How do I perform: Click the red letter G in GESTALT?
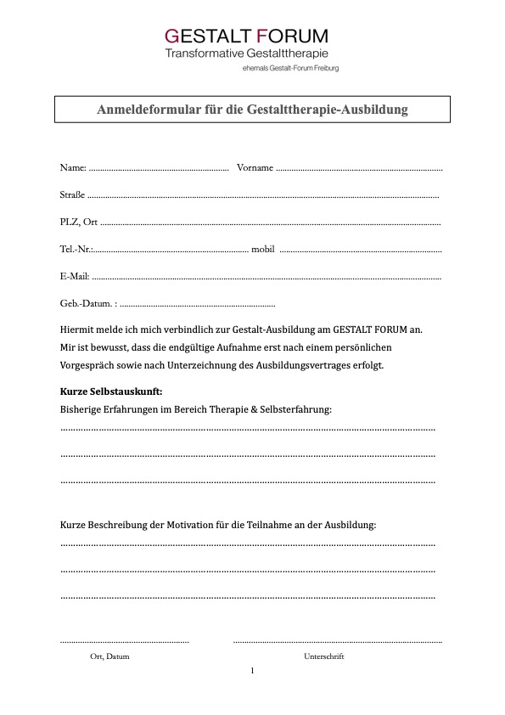pos(171,37)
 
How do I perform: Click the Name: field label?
pos(73,167)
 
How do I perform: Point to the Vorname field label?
pos(255,167)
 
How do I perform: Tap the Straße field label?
pos(73,194)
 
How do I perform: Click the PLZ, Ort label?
pos(78,222)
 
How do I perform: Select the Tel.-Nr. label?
pos(76,249)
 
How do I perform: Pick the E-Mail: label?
pos(75,276)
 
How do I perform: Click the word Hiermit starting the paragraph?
pos(79,329)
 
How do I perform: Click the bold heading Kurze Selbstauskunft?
pos(111,391)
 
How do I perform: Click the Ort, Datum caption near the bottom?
pos(109,656)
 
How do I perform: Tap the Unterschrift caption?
pos(323,656)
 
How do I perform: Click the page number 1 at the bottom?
pos(252,671)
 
